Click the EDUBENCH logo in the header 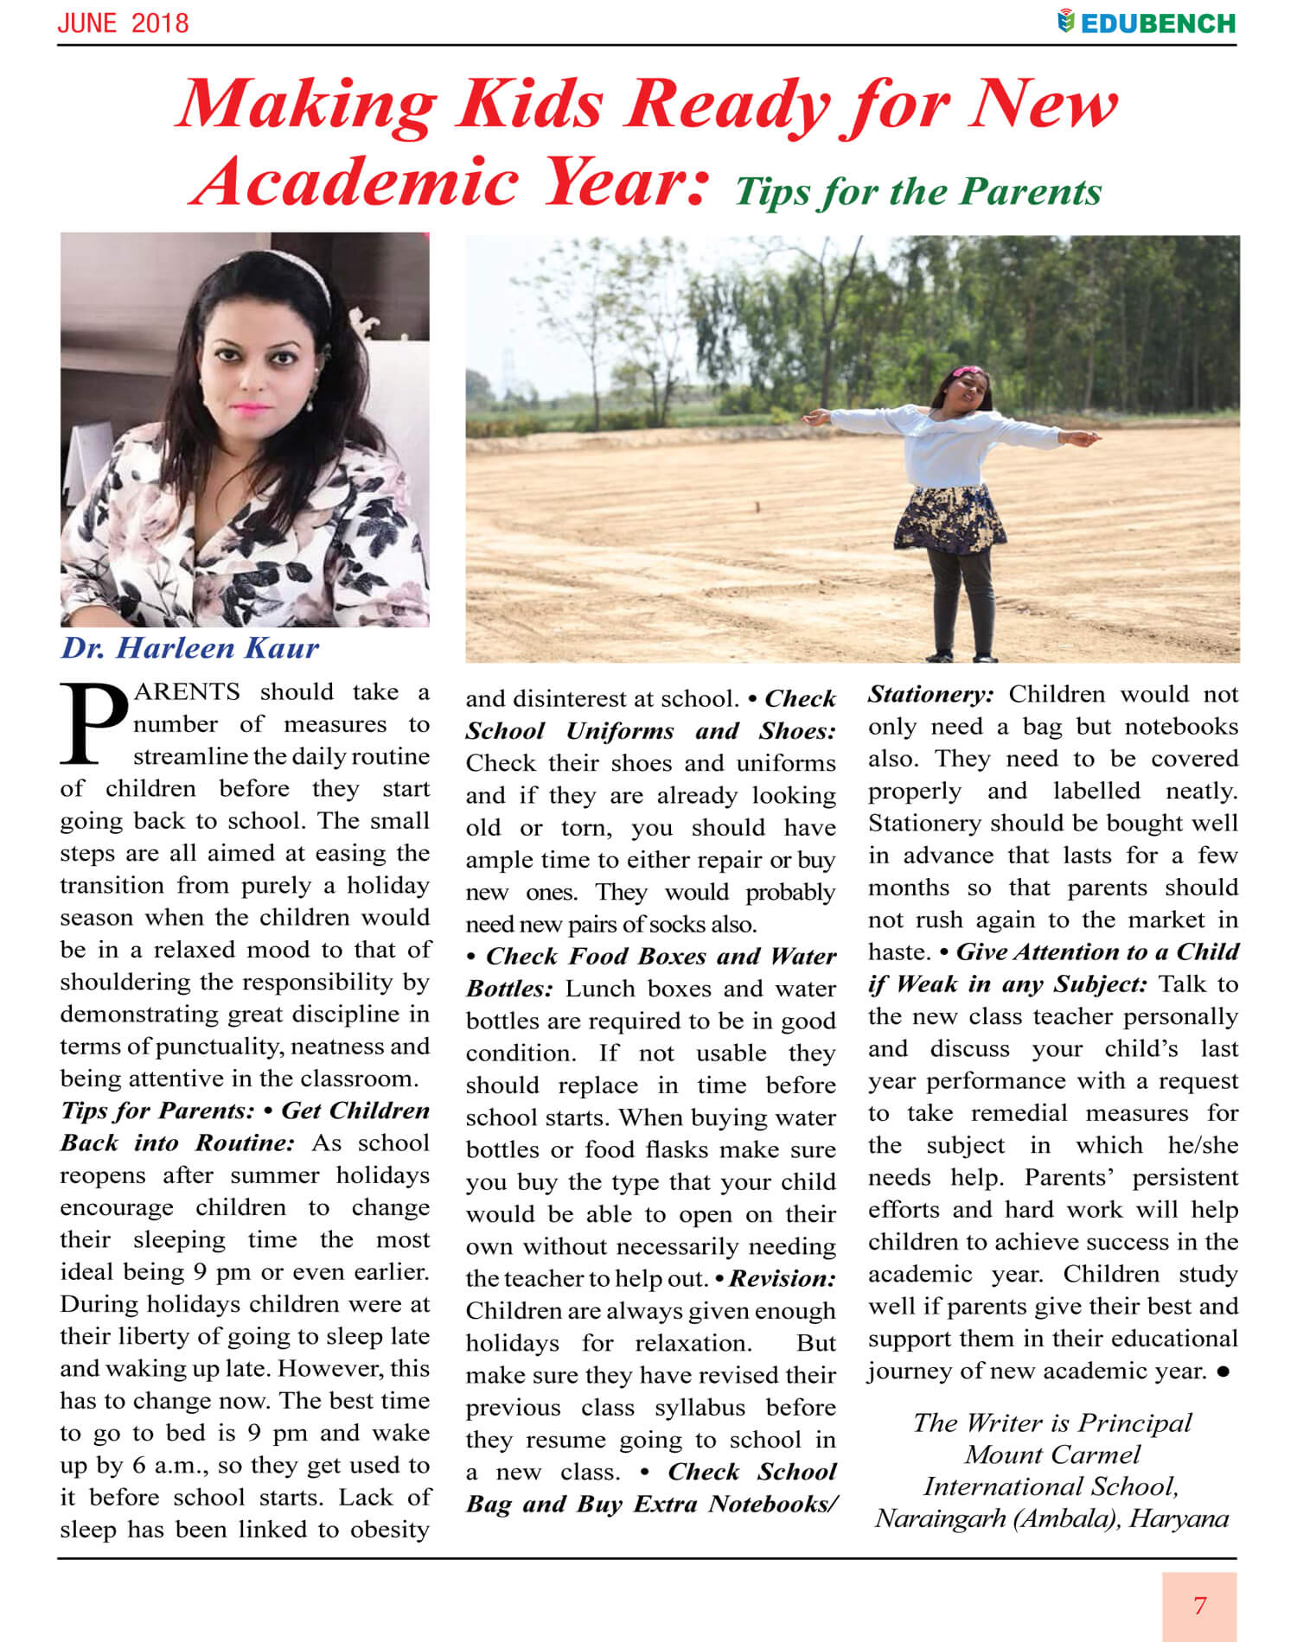click(1147, 22)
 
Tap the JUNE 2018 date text click(123, 22)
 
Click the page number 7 click(1199, 1605)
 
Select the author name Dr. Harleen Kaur click(189, 648)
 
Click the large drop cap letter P click(93, 724)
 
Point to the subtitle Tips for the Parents click(917, 192)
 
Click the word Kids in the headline click(530, 105)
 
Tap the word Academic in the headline click(356, 182)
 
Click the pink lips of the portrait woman click(250, 408)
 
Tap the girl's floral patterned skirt click(950, 519)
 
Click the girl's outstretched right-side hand click(1085, 438)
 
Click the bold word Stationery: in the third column click(930, 694)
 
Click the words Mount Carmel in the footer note click(1052, 1454)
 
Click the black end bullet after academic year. click(1223, 1372)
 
